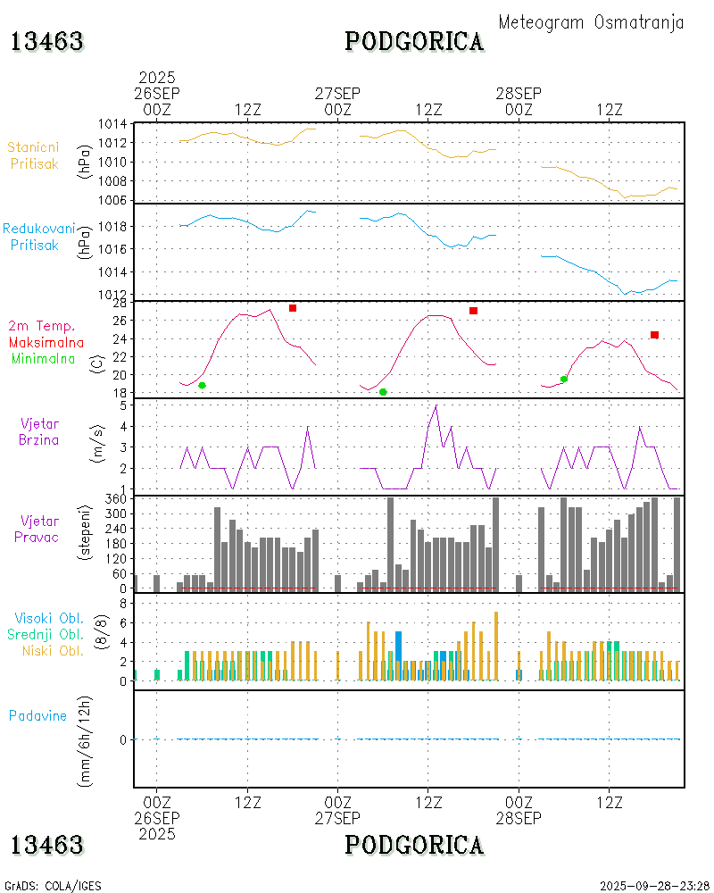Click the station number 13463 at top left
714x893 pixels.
tap(47, 41)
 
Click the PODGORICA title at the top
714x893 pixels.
tap(415, 41)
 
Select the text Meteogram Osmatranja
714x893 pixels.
tap(591, 22)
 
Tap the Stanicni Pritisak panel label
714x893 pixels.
tap(33, 154)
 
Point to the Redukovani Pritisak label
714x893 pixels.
tap(33, 236)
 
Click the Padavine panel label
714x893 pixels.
tap(37, 715)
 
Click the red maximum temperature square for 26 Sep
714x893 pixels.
tap(293, 308)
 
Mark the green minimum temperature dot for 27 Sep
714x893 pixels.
tap(383, 392)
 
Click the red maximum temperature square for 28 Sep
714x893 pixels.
tap(654, 335)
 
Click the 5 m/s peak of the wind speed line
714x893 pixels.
tap(436, 406)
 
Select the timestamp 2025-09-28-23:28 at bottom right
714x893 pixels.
tap(655, 886)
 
